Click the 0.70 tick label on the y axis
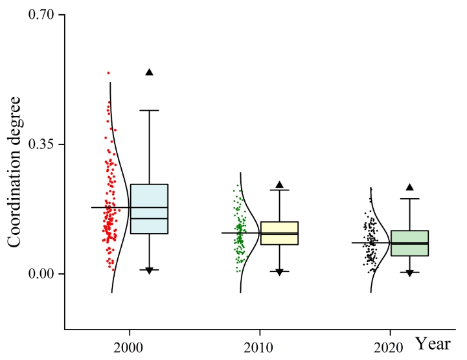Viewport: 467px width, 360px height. [41, 14]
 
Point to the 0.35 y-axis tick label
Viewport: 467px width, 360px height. [41, 144]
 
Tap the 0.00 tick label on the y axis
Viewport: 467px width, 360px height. [41, 274]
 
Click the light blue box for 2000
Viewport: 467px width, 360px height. [149, 208]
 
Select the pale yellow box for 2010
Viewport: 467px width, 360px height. [279, 232]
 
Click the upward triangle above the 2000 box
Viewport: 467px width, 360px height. [149, 72]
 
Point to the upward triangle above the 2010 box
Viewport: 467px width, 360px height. [280, 185]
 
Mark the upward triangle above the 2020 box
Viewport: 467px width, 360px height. [409, 187]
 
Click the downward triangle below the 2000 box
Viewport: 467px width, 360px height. [149, 271]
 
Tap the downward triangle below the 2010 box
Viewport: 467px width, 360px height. [280, 273]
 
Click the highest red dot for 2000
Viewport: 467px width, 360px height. [109, 73]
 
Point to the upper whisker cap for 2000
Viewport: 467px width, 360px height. [149, 110]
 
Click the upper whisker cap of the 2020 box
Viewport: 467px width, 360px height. [409, 199]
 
